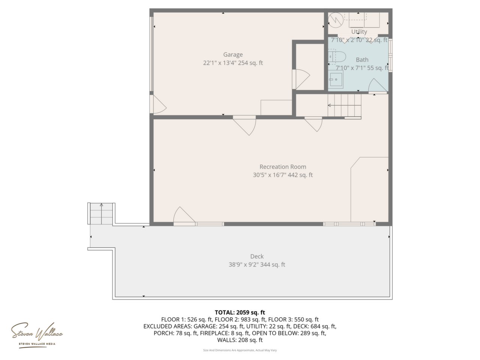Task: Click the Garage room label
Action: (x=232, y=54)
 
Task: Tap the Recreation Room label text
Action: (x=282, y=167)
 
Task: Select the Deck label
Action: (x=257, y=256)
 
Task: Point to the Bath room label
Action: (x=362, y=60)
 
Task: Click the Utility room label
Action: (x=359, y=32)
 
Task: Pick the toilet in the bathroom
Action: (x=336, y=57)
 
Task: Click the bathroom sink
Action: (x=336, y=79)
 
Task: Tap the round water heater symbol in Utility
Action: (x=336, y=20)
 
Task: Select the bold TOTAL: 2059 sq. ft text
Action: (x=240, y=312)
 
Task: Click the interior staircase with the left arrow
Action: (x=344, y=106)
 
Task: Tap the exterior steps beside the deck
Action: (x=101, y=213)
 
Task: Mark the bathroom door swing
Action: (x=378, y=85)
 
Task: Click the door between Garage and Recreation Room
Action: (x=244, y=126)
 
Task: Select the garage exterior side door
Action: (x=158, y=104)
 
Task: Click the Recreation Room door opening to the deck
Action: (x=184, y=216)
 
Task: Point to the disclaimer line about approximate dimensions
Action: (x=240, y=350)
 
